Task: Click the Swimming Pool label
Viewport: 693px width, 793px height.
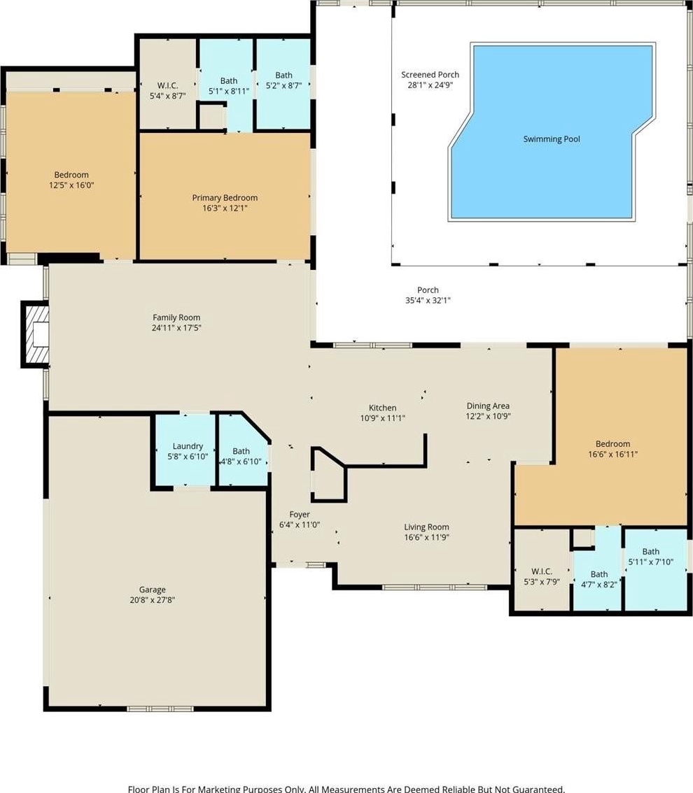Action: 552,139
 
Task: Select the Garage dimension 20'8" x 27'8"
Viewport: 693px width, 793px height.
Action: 153,600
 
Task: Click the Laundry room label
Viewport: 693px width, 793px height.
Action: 188,446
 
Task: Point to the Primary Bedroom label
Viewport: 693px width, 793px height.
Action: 225,198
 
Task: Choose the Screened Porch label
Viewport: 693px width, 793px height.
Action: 430,75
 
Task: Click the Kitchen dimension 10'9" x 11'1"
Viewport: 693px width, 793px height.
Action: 383,418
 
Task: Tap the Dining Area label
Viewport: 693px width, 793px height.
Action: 488,406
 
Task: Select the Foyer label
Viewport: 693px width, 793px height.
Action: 300,515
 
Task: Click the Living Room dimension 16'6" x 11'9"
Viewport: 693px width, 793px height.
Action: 427,537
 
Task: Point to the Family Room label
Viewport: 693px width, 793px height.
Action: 176,317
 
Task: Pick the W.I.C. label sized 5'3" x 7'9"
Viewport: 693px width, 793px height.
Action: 542,571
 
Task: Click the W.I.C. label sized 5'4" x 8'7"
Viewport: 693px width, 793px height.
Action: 167,85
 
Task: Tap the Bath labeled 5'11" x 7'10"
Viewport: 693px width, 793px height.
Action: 651,552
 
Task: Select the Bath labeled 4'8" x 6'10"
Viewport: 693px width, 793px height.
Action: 241,451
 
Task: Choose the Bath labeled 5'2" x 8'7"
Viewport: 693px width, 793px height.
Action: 283,76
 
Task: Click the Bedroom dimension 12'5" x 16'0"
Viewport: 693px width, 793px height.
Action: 71,185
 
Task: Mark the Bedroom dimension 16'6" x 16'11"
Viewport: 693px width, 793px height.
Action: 612,454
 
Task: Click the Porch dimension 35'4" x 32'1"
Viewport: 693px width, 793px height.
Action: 428,301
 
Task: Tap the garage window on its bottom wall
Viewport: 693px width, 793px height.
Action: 160,708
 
